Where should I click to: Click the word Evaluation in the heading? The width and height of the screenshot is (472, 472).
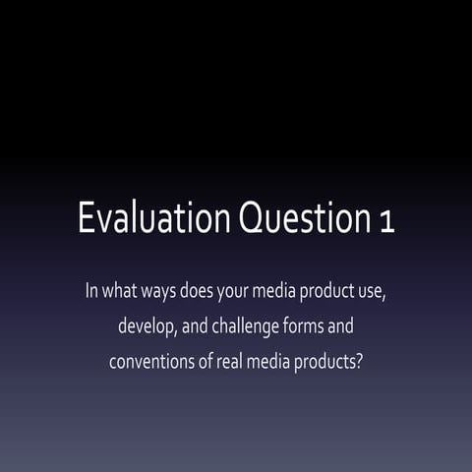click(x=152, y=219)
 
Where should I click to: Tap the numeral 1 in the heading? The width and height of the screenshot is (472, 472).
click(x=386, y=221)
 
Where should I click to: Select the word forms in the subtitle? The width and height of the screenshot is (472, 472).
click(x=313, y=325)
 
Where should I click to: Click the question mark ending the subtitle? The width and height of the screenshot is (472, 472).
click(x=362, y=360)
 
